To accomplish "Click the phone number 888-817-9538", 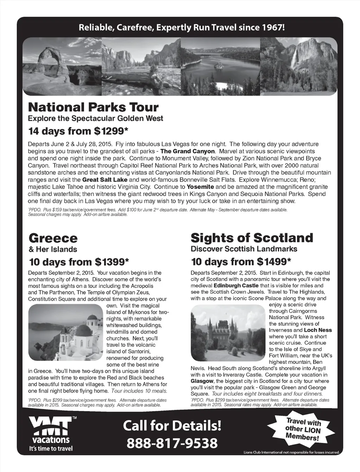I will [172, 443].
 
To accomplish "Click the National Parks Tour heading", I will [93, 107].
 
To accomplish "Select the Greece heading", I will [53, 238].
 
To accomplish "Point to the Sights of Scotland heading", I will [252, 238].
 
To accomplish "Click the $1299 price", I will [111, 131].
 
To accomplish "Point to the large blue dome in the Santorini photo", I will [83, 331].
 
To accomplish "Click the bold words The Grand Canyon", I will [187, 151].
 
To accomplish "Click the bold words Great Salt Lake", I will [105, 180].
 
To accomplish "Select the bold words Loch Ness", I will [318, 330].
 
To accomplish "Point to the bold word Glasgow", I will [202, 381].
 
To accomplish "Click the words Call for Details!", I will [172, 426].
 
